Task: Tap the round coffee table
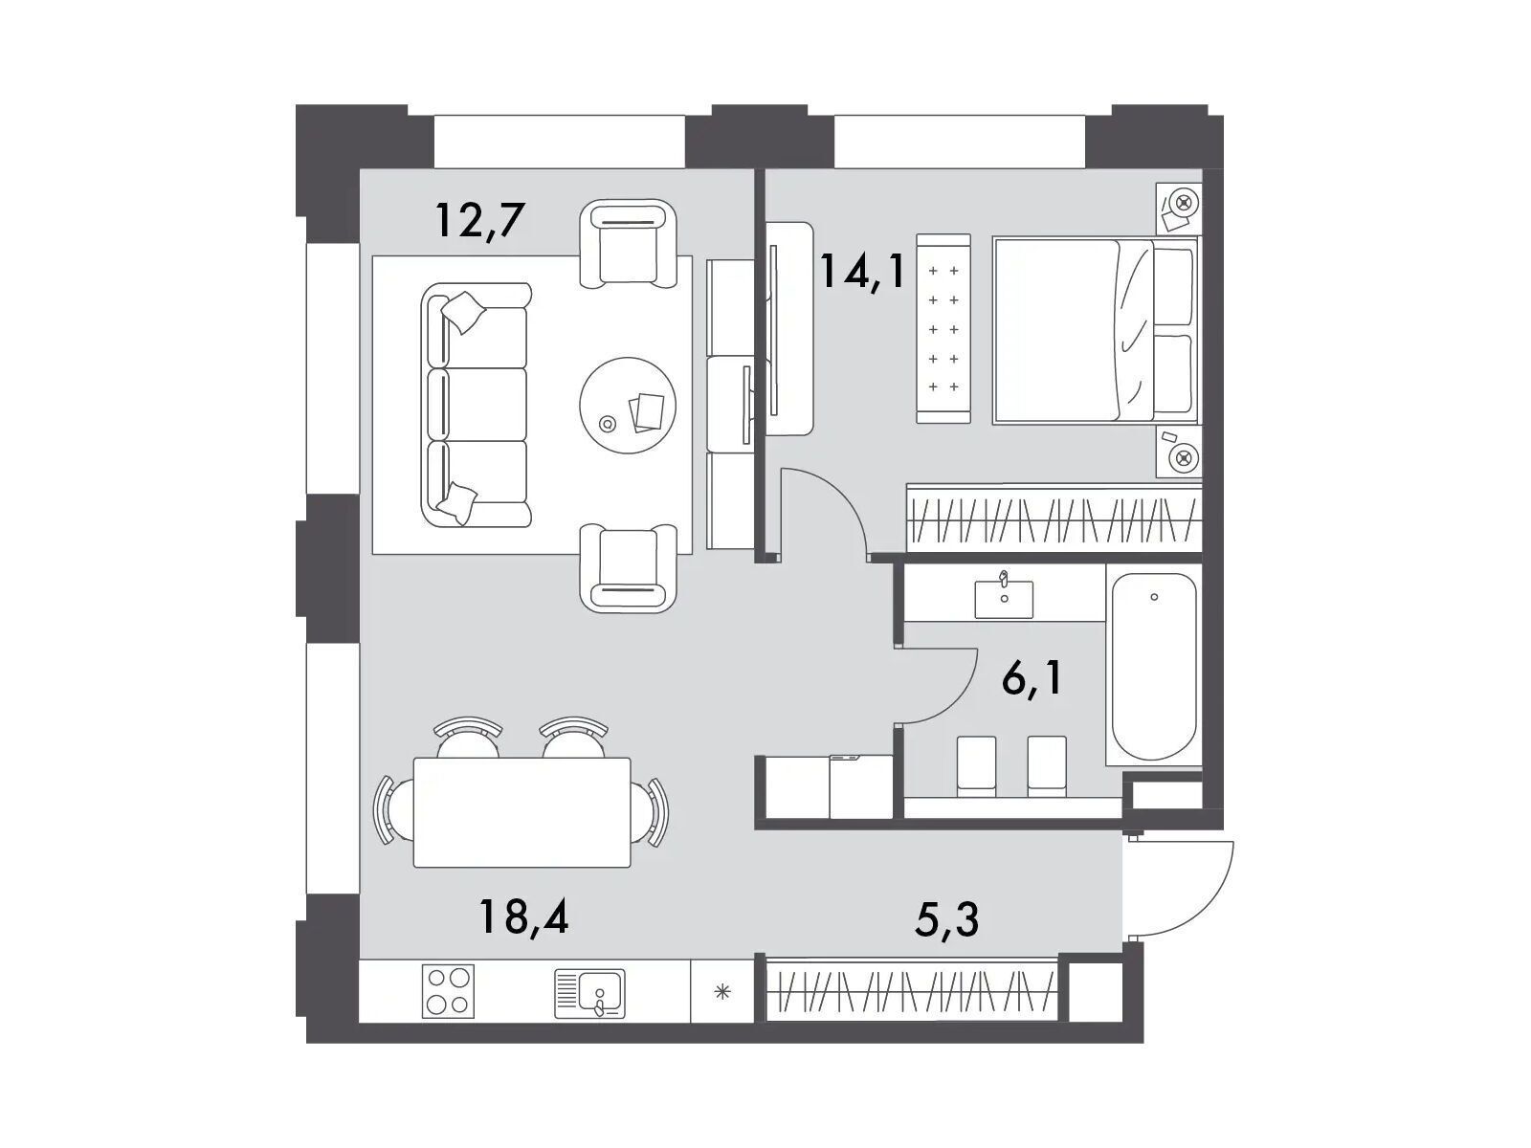click(628, 406)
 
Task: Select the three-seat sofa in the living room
click(476, 405)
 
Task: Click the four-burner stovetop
click(448, 991)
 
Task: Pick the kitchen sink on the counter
click(589, 993)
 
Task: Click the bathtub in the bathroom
click(1154, 667)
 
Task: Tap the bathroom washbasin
click(1004, 597)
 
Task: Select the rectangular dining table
click(521, 812)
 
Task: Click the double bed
click(1095, 330)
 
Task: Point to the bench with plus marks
click(943, 328)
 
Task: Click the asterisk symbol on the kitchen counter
click(722, 991)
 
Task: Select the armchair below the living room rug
click(628, 569)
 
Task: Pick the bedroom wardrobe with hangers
click(1054, 519)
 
